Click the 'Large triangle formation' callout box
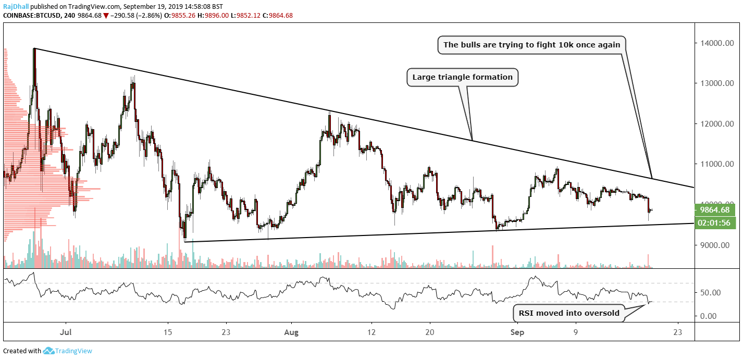[462, 78]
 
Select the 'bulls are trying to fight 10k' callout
[531, 45]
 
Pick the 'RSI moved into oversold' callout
[568, 313]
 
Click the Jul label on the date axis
[66, 331]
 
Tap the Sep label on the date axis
[517, 331]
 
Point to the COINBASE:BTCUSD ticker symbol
[32, 15]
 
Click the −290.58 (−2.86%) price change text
[135, 15]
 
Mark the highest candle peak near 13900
[34, 49]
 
